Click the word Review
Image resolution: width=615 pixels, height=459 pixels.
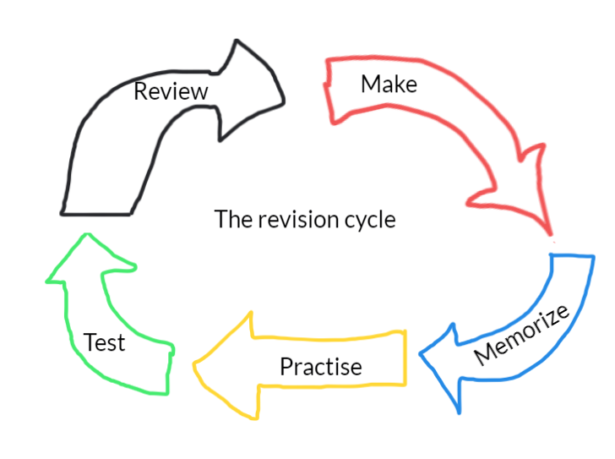tap(171, 90)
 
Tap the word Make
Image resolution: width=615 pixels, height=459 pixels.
tap(389, 85)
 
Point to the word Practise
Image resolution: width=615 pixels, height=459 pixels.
tap(320, 367)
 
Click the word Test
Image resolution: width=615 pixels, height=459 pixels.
tap(105, 342)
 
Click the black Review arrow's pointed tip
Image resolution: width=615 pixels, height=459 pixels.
tap(283, 100)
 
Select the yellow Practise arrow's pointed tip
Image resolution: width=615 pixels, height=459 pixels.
tap(196, 366)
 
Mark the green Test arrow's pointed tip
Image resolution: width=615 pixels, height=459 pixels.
tap(84, 236)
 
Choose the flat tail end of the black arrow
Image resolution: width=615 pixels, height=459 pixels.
tap(95, 211)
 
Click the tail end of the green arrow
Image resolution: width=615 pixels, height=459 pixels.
tap(169, 369)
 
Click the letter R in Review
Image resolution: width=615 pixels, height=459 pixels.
tap(141, 90)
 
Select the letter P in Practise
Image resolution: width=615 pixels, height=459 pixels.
tap(286, 366)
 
